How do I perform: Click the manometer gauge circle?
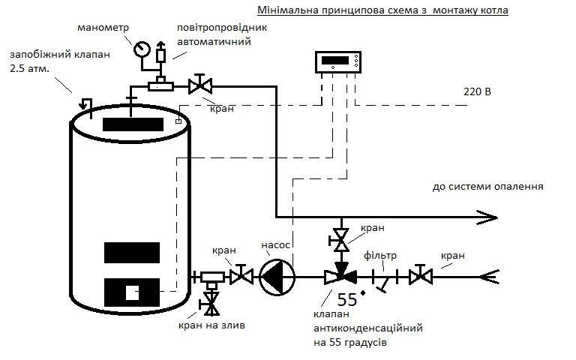(x=141, y=50)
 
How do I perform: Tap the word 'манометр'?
(x=103, y=28)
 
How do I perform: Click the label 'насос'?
(x=275, y=245)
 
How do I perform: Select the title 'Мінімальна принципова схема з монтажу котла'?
(x=382, y=11)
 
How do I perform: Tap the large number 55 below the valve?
(x=346, y=300)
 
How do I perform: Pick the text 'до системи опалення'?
(x=487, y=187)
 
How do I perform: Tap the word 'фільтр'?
(x=382, y=256)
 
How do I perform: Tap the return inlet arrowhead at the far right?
(x=490, y=277)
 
